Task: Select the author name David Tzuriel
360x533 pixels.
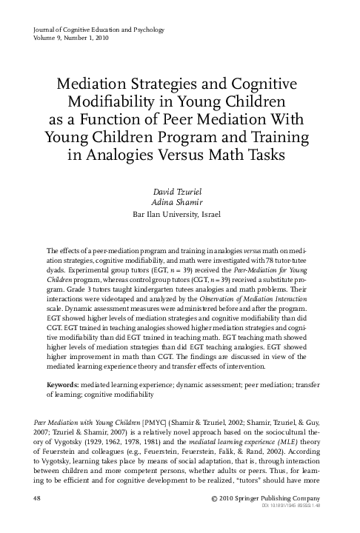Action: [x=181, y=192]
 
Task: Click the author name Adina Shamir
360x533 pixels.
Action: [x=181, y=204]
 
